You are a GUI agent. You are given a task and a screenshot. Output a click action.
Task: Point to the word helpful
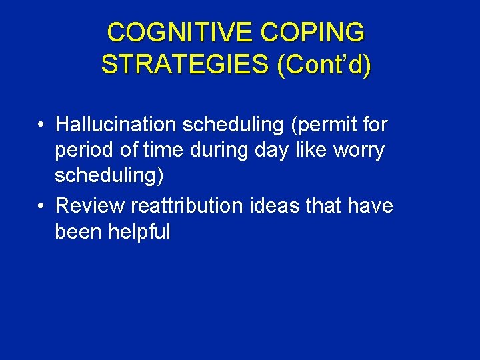coord(143,231)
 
